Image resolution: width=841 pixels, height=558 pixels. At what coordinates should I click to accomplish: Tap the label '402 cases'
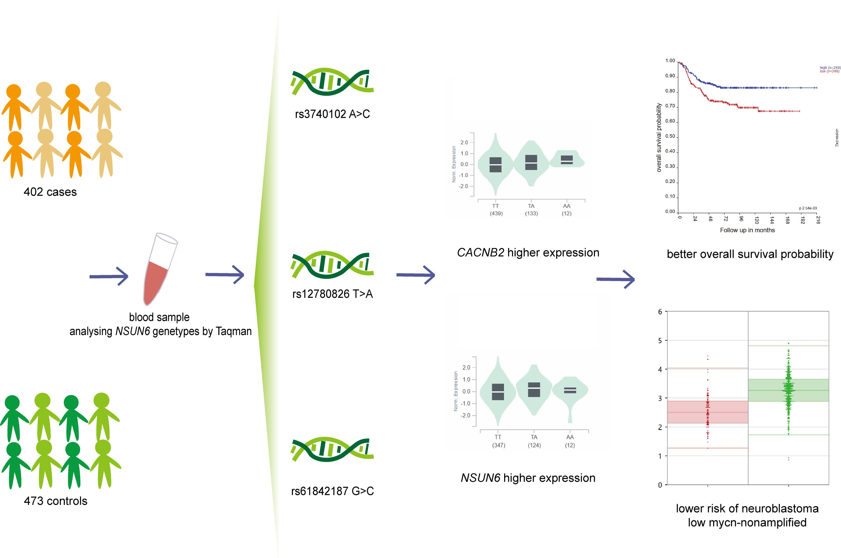click(x=50, y=192)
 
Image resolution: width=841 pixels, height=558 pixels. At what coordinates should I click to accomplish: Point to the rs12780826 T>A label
click(x=332, y=294)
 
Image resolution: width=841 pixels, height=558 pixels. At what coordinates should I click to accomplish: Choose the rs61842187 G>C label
click(x=332, y=491)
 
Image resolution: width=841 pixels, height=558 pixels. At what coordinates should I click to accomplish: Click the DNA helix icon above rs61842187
click(x=332, y=450)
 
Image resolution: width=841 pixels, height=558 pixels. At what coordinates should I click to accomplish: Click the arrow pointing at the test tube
click(x=109, y=276)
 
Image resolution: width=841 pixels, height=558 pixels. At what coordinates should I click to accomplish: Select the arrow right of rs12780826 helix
click(x=415, y=275)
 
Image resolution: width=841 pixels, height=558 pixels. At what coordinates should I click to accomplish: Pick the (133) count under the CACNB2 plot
click(x=531, y=213)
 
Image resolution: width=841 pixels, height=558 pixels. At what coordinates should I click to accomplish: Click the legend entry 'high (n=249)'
click(x=830, y=68)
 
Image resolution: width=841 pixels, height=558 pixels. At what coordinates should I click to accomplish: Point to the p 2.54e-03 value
click(x=808, y=208)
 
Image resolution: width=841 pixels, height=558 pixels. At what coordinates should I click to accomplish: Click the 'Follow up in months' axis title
click(x=747, y=230)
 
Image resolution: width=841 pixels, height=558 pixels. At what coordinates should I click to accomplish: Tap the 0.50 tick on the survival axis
click(x=670, y=136)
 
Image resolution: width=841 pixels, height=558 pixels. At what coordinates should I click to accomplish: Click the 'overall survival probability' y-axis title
click(x=659, y=138)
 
